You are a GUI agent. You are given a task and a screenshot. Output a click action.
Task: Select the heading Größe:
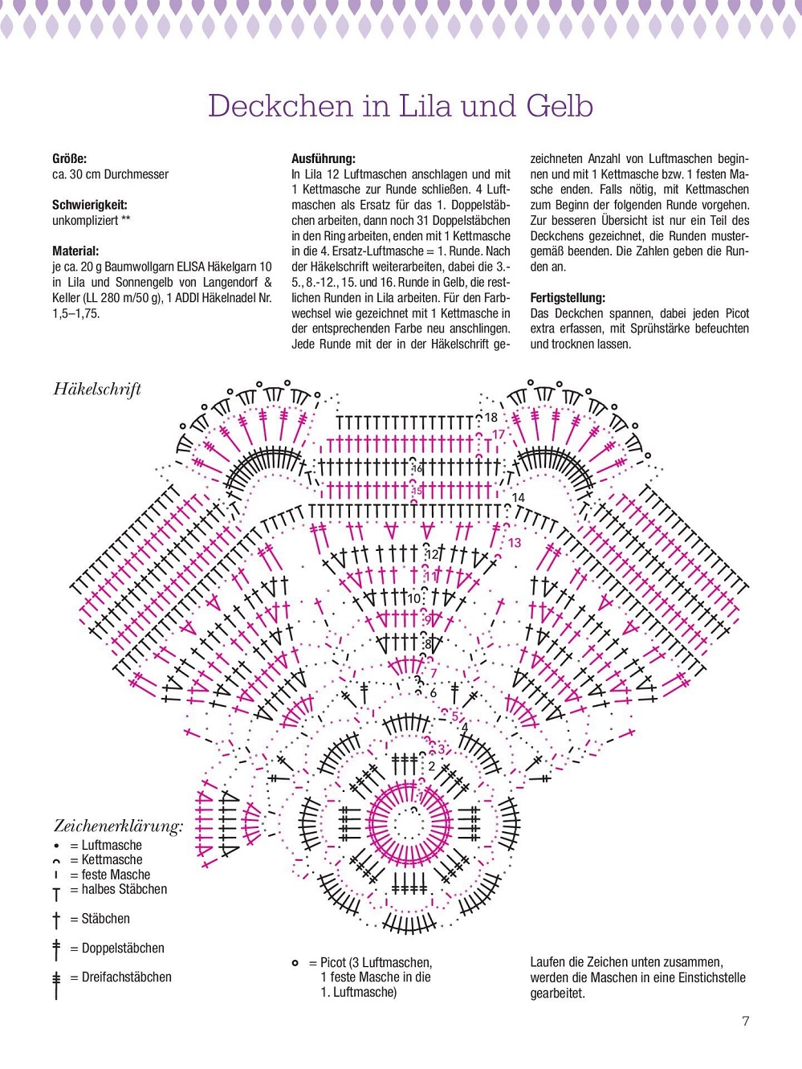[69, 159]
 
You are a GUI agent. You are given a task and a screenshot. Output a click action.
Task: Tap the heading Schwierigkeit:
[89, 205]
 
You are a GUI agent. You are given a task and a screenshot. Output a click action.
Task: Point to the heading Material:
[75, 251]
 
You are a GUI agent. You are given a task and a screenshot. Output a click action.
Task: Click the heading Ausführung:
[323, 159]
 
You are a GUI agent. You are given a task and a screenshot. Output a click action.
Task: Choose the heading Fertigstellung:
[568, 298]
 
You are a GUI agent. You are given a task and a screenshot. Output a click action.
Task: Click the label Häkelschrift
[97, 390]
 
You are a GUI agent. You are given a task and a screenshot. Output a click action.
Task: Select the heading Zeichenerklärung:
[118, 826]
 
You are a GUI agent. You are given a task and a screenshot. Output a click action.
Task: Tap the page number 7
[746, 1021]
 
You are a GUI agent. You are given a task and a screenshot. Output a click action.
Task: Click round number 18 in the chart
[491, 418]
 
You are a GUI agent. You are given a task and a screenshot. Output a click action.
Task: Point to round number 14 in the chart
[518, 498]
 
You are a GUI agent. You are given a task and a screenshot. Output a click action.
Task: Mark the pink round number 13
[514, 543]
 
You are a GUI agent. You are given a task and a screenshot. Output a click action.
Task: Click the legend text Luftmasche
[112, 846]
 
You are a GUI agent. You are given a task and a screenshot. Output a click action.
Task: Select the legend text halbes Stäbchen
[124, 889]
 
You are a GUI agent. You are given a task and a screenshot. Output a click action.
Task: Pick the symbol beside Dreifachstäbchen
[56, 984]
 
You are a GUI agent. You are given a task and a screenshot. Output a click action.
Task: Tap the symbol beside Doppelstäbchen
[56, 949]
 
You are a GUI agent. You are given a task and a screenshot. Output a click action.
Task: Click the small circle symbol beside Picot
[295, 963]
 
